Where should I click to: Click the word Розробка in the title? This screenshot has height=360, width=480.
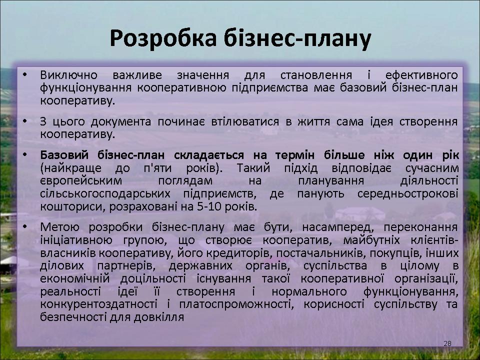pyautogui.click(x=163, y=39)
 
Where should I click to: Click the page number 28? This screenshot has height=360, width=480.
pyautogui.click(x=447, y=343)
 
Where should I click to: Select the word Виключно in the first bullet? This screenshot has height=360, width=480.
pyautogui.click(x=69, y=75)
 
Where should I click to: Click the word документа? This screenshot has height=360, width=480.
pyautogui.click(x=121, y=122)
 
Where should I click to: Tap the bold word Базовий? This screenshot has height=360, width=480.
pyautogui.click(x=64, y=155)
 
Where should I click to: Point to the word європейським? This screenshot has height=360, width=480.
pyautogui.click(x=81, y=181)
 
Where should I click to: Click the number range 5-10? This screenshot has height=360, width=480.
pyautogui.click(x=209, y=206)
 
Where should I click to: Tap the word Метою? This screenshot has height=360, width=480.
pyautogui.click(x=59, y=227)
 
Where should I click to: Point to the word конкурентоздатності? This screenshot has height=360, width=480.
pyautogui.click(x=99, y=304)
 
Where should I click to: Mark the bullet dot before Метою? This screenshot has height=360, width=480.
pyautogui.click(x=25, y=227)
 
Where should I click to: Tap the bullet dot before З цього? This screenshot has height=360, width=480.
pyautogui.click(x=25, y=121)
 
